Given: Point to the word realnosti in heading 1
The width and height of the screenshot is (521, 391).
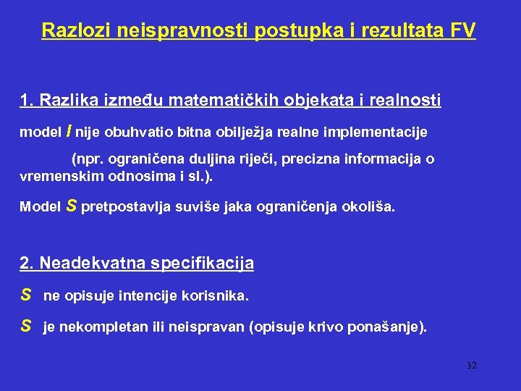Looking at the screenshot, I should (x=404, y=101).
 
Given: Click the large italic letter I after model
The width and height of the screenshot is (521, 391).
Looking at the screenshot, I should (x=68, y=131).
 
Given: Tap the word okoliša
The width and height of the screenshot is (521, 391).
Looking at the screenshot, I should (x=371, y=208).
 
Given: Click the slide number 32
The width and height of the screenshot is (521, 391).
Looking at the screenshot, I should (x=472, y=366).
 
